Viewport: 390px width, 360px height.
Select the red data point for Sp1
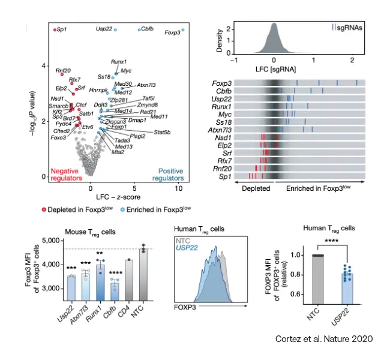[x=54, y=29]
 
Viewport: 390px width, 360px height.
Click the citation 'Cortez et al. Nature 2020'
[x=322, y=339]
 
